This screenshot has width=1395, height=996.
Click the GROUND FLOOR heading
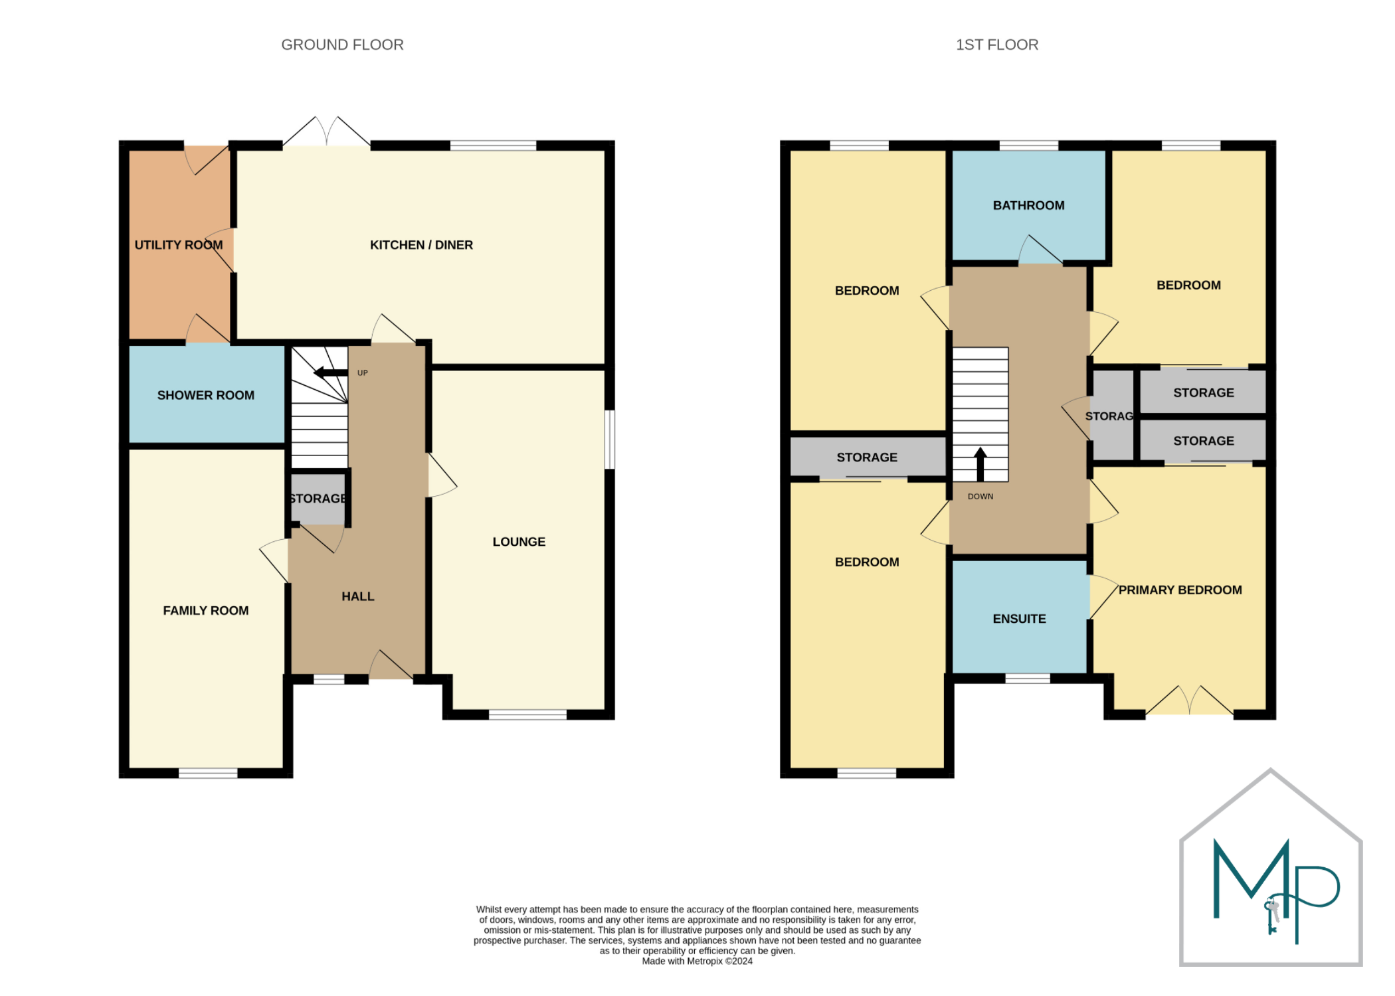(342, 44)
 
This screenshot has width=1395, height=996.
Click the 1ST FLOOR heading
(996, 44)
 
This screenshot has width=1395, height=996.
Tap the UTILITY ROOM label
(179, 245)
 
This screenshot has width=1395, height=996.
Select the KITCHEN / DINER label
(421, 245)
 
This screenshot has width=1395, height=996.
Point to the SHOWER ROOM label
(206, 395)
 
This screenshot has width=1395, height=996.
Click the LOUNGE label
(519, 542)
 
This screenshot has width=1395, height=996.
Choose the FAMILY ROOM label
(206, 610)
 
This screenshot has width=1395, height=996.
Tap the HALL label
(358, 596)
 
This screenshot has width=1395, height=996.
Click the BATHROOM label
(1028, 206)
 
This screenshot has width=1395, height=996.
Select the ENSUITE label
(1019, 619)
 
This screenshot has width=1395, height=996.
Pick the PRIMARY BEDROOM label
(1180, 590)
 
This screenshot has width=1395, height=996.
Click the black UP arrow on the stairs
(330, 373)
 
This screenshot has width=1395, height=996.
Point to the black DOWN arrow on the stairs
(980, 464)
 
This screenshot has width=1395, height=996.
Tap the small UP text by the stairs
(363, 373)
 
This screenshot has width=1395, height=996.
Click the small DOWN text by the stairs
(980, 497)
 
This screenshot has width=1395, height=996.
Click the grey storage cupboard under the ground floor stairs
(318, 498)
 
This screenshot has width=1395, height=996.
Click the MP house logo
(1270, 867)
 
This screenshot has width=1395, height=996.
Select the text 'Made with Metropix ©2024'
(697, 961)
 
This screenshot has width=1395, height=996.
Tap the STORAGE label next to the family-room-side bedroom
(867, 457)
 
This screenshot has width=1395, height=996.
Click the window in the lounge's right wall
(609, 440)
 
